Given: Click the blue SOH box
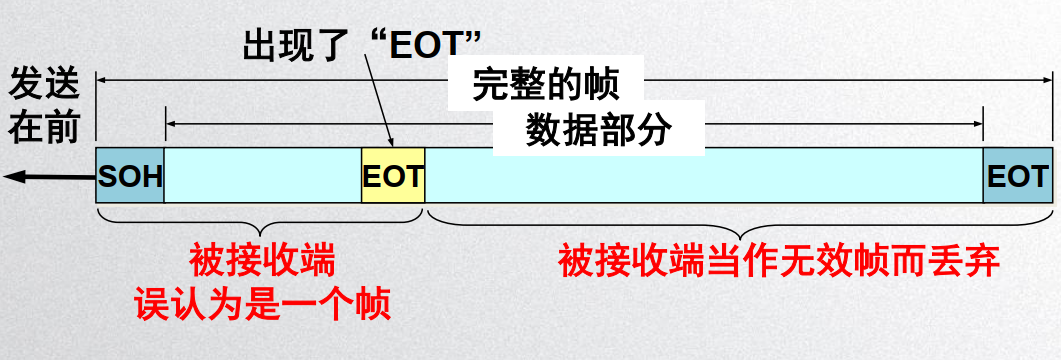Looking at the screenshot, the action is [130, 177].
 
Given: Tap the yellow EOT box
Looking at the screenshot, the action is [393, 177].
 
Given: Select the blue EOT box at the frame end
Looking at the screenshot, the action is [1017, 177].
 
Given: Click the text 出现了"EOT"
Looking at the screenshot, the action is [363, 43].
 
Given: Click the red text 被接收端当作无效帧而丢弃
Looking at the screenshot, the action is [780, 262].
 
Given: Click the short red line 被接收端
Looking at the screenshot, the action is [262, 262].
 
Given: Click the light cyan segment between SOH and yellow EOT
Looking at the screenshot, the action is [262, 177].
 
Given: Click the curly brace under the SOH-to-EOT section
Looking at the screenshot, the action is [261, 221].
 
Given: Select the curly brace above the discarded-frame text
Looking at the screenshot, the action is [740, 221].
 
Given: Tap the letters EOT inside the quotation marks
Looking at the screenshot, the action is [424, 43].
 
